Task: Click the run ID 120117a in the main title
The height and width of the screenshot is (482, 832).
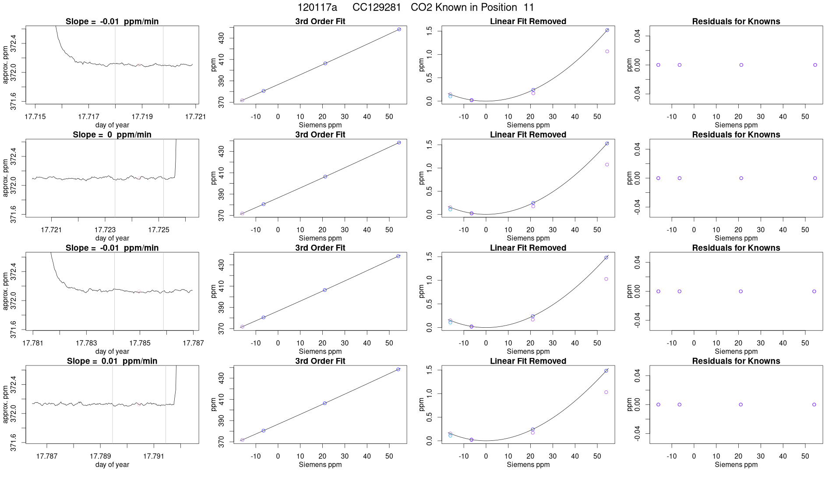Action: coord(317,7)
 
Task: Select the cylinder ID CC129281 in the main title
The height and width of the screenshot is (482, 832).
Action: coord(377,7)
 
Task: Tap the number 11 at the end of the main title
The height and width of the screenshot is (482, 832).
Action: coord(529,7)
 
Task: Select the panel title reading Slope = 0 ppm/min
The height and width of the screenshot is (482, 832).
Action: coord(112,135)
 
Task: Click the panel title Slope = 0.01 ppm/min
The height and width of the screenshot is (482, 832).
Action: coord(112,361)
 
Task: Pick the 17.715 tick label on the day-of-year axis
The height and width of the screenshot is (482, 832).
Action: coord(35,117)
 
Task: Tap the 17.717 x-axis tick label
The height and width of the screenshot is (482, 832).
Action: coord(88,117)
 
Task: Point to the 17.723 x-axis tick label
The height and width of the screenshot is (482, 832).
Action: coord(105,230)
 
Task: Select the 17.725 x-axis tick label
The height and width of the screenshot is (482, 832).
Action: coord(159,230)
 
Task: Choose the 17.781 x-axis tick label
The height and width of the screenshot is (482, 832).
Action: coord(33,343)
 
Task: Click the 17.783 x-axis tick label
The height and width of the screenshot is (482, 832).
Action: coord(86,343)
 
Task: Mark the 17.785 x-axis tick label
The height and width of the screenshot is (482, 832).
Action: coord(140,343)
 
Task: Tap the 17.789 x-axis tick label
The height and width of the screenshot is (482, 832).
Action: coord(100,456)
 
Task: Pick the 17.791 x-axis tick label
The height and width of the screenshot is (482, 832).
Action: coord(154,456)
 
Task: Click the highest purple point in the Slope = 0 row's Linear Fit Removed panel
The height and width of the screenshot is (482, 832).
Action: coord(607,165)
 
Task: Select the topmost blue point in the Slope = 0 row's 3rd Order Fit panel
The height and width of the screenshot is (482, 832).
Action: coord(399,142)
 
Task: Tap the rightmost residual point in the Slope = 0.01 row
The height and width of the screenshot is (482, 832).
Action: coord(814,404)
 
